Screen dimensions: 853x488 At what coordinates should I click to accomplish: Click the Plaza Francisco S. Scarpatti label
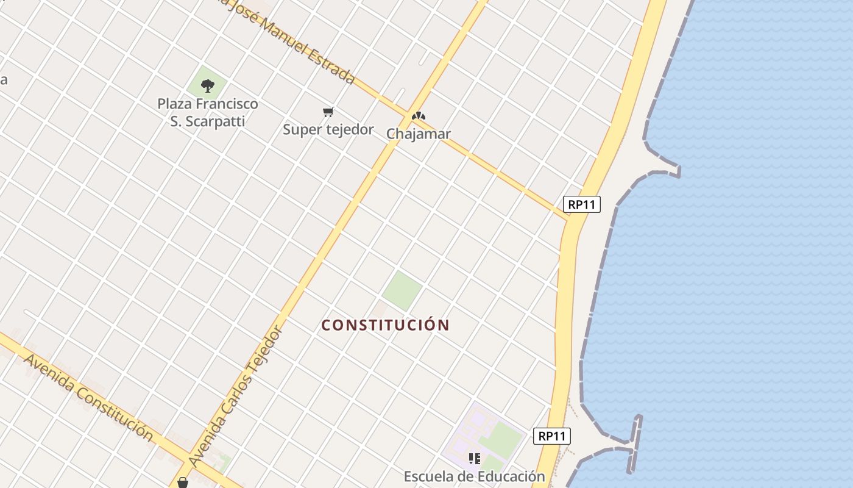click(208, 112)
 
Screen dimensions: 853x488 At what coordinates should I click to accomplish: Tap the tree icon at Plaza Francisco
click(207, 85)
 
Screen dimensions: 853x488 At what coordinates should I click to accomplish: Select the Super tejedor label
click(328, 129)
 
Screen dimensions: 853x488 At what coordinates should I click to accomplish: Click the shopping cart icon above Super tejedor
click(328, 112)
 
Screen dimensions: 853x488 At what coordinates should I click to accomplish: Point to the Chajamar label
click(419, 134)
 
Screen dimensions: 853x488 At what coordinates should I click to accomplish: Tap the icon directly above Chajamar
click(418, 115)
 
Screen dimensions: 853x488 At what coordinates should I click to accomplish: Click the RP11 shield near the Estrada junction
click(582, 205)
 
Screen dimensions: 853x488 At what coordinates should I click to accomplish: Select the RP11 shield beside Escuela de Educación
click(552, 436)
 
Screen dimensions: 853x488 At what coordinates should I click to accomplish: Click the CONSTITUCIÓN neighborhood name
click(385, 325)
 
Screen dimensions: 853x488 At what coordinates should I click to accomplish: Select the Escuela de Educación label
click(474, 476)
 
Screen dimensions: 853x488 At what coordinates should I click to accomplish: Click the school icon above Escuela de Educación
click(475, 458)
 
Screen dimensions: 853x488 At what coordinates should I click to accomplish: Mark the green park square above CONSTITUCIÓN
click(402, 290)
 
